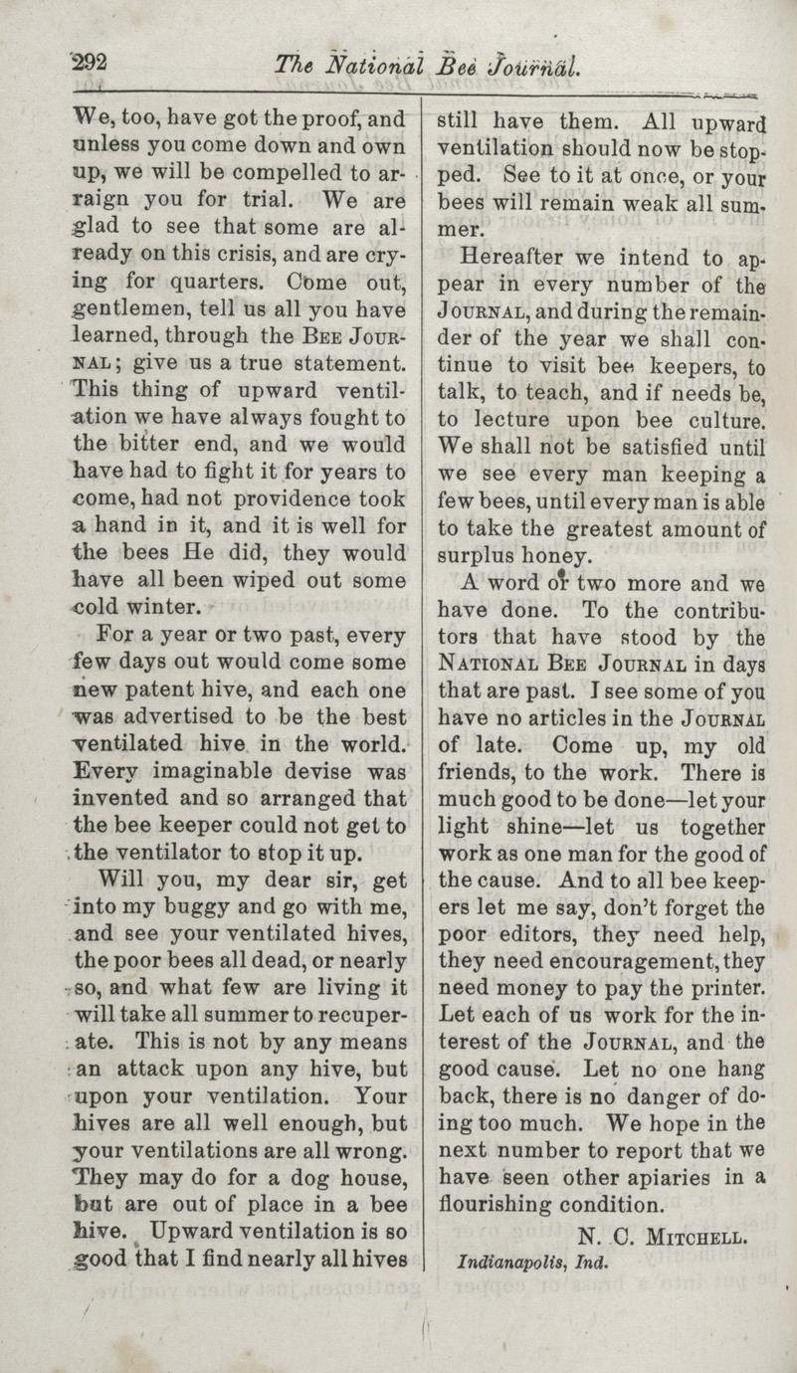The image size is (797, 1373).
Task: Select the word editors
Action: point(535,935)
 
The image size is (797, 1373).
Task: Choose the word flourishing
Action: point(498,1205)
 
